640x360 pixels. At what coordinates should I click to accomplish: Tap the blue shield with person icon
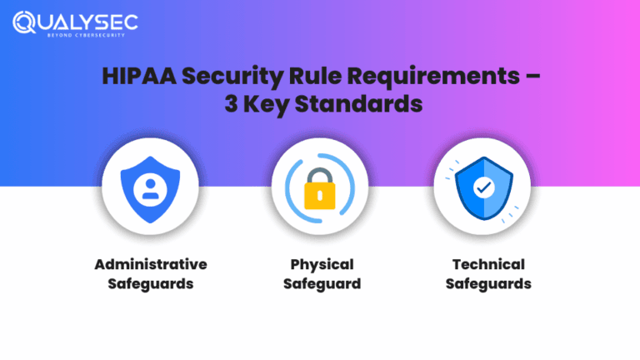150,188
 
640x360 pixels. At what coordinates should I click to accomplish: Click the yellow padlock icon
320,194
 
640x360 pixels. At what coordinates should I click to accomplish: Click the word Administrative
150,264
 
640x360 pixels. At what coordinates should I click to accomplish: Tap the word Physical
322,264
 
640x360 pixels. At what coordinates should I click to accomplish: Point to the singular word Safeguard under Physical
322,284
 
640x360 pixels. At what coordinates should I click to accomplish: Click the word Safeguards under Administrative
150,284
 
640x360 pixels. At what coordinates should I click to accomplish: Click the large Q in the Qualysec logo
25,22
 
